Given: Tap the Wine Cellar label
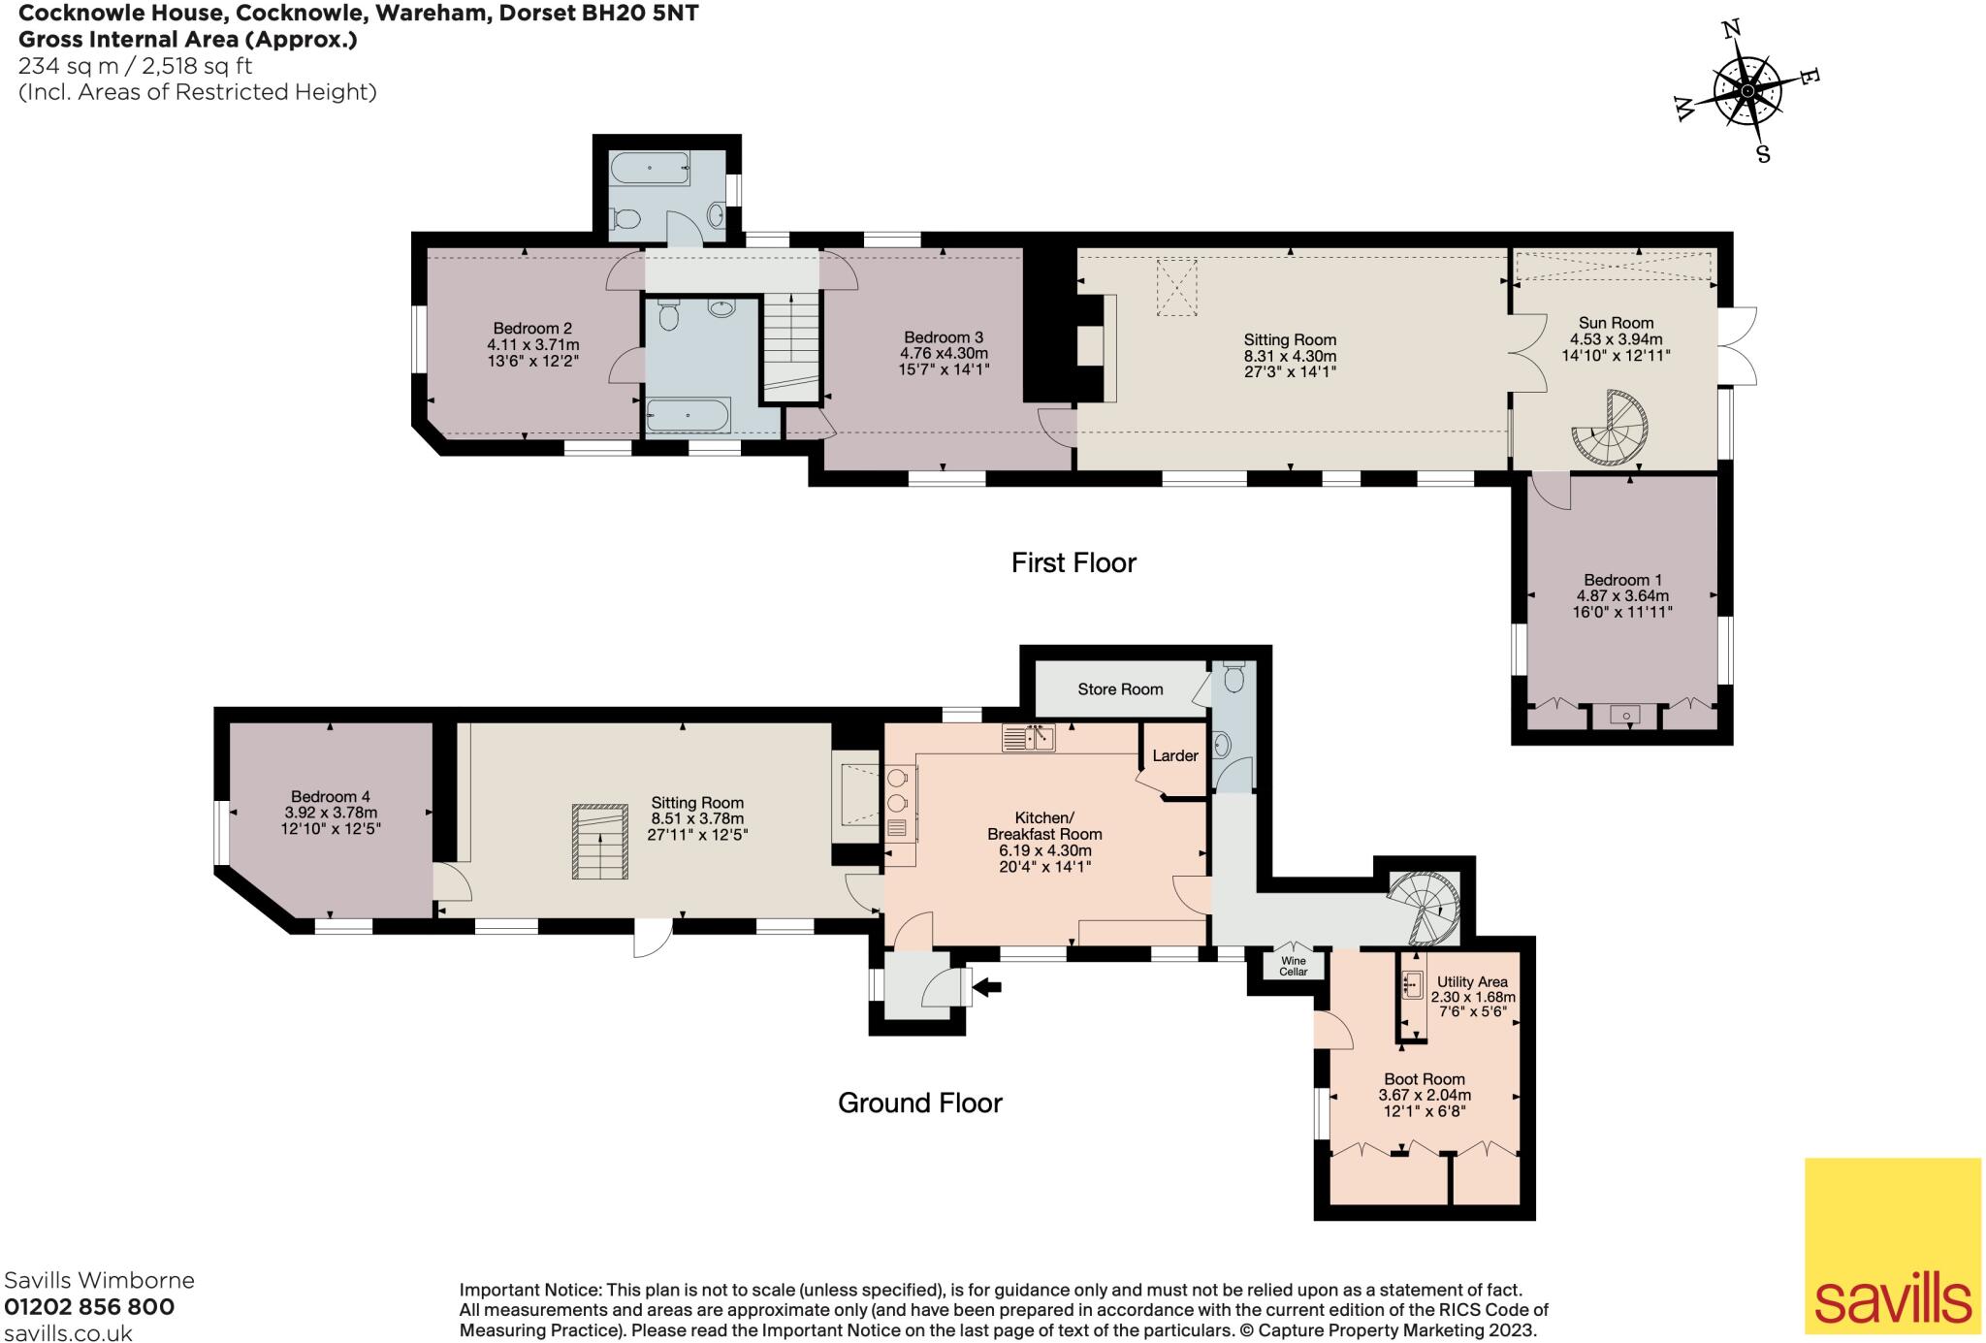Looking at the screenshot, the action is point(1294,966).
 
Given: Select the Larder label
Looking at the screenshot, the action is point(1175,755).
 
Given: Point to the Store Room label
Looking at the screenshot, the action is point(1120,689).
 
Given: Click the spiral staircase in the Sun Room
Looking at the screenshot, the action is point(1610,428).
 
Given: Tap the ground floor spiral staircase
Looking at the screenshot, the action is point(1424,908).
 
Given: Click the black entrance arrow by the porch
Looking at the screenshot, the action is point(986,988).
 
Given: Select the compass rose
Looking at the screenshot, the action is point(1746,91).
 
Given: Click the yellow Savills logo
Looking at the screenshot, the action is point(1892,1245).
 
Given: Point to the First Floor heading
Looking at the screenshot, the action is point(1073,562).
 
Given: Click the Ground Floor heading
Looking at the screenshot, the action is point(919,1103).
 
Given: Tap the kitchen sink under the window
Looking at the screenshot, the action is point(1029,738).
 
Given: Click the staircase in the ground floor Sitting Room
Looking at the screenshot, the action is point(600,842).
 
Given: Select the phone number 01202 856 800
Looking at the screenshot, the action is point(89,1307).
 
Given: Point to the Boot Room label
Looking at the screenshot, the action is point(1425,1079).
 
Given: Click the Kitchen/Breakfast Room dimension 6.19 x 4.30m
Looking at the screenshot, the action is point(1045,850).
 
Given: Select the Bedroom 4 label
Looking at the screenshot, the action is point(331,796).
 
